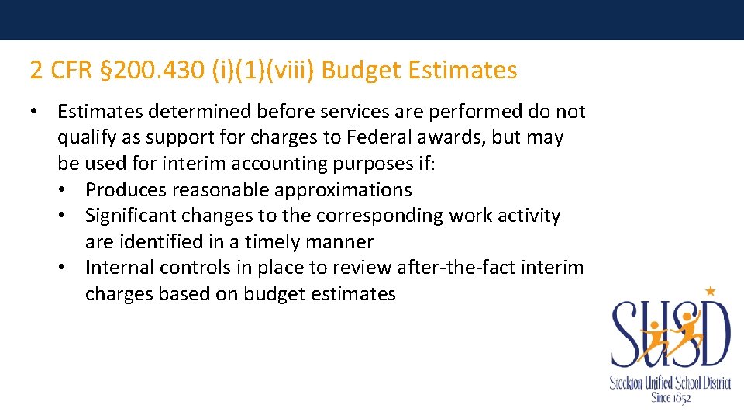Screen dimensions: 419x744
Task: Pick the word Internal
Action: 119,268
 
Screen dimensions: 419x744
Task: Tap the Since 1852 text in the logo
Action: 670,397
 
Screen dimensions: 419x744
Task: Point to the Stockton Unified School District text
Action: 670,383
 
